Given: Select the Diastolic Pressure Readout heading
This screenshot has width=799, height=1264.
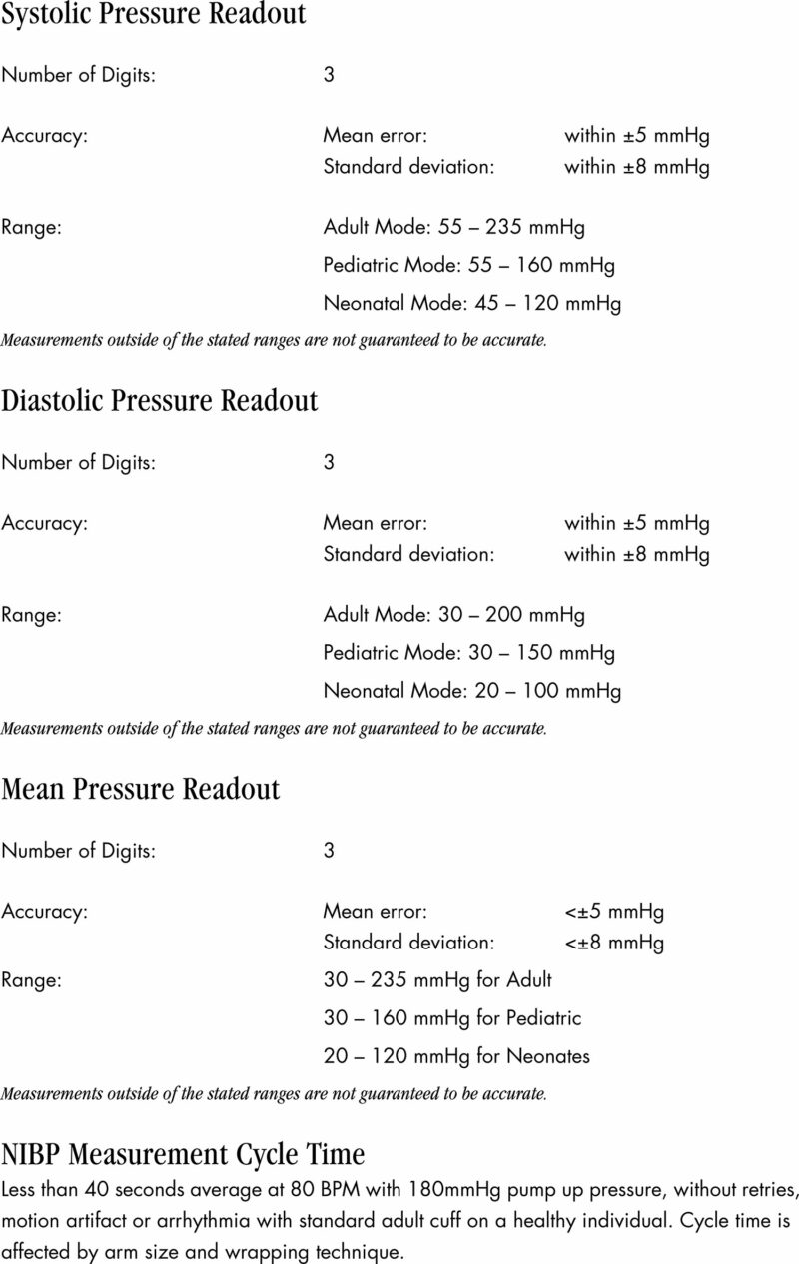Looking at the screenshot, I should (x=160, y=401).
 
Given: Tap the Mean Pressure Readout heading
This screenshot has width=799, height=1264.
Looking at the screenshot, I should (x=141, y=789).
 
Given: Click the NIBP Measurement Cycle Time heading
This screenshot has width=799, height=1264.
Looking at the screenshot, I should (x=183, y=1155).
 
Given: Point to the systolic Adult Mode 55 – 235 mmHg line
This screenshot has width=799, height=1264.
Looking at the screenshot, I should (x=454, y=227).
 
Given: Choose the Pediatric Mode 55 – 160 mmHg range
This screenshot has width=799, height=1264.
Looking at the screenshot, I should (x=468, y=266).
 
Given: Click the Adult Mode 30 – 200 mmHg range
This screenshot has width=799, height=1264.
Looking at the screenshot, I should (x=454, y=615).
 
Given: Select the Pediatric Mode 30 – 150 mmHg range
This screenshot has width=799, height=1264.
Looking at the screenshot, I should (x=468, y=653).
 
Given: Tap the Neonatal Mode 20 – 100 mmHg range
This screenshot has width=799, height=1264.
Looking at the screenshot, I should (x=471, y=691).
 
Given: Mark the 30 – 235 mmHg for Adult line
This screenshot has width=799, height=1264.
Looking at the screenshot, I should (x=437, y=981).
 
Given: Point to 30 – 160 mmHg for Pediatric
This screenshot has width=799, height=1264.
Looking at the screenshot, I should (x=452, y=1019).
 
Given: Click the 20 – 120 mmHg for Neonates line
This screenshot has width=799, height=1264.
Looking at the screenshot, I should (x=456, y=1056).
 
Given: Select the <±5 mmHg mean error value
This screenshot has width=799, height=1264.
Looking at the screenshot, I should (x=614, y=912).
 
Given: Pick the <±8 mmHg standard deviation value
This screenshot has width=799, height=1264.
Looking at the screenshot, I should (x=614, y=942).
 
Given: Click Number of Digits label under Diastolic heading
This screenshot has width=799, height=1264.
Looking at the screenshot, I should (x=78, y=463).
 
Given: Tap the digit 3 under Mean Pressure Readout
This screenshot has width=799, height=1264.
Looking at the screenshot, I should (x=329, y=851).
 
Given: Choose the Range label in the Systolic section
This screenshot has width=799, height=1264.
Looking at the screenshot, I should (x=31, y=227).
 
